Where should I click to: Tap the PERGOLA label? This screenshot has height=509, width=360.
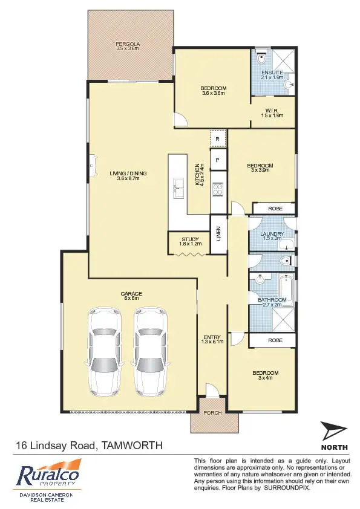128,45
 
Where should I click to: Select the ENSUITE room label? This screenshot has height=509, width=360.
272,74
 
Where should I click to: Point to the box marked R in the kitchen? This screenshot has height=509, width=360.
217,138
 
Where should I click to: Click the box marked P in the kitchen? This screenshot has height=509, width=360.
217,160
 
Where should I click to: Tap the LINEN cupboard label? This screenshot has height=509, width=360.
218,233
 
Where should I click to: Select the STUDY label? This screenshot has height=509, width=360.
190,240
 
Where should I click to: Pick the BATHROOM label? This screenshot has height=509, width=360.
272,300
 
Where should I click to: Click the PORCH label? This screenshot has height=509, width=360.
212,413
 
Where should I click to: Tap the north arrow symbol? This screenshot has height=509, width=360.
333,432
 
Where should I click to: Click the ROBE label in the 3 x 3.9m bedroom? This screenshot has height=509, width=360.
273,209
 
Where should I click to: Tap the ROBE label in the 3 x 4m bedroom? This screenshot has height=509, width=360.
273,341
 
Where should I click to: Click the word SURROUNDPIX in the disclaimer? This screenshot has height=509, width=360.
287,487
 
